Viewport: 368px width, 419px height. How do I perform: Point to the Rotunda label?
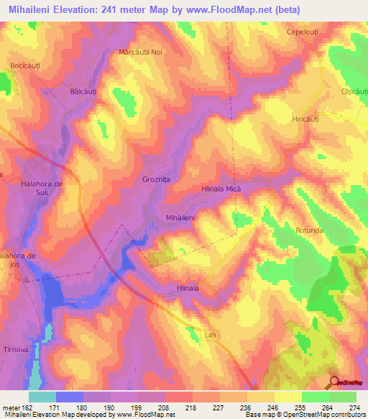tap(310, 230)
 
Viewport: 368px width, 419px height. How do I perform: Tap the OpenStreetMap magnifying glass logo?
tap(334, 382)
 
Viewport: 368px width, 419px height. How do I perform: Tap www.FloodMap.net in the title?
tap(229, 10)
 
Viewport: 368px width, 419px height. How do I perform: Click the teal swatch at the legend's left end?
tap(42, 397)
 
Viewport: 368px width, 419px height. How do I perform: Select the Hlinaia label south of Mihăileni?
tap(187, 287)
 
